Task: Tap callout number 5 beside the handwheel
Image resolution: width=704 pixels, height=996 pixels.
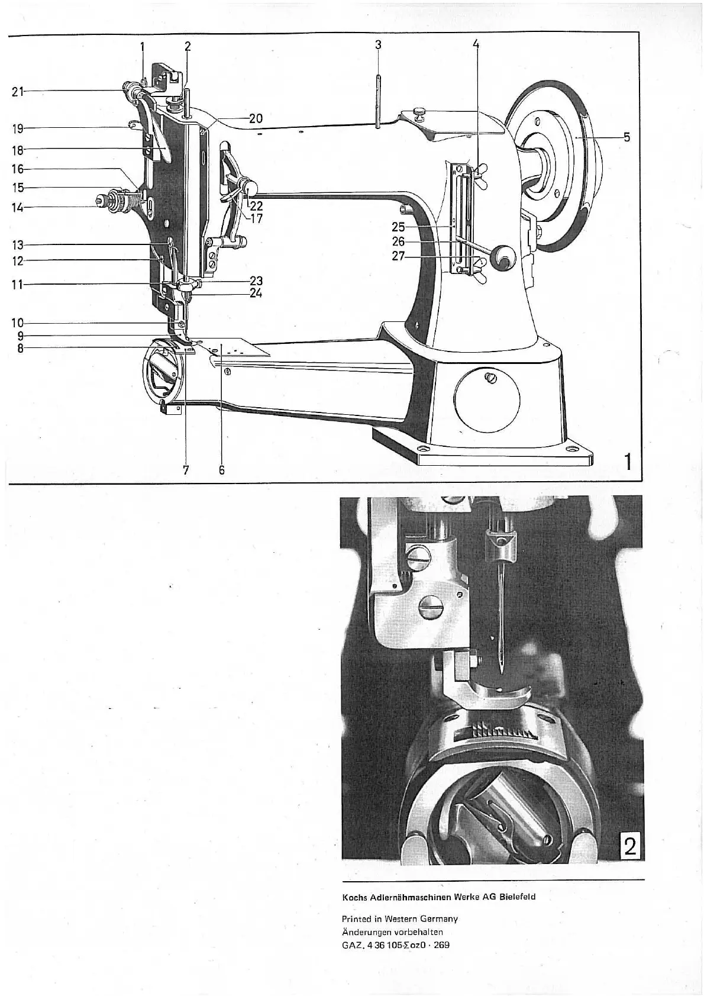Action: point(627,137)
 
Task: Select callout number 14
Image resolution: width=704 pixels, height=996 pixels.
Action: point(17,207)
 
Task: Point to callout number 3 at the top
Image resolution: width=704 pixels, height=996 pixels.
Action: point(377,44)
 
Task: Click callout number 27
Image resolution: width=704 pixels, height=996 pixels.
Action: point(399,257)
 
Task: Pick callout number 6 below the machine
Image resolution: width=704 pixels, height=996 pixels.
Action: point(222,470)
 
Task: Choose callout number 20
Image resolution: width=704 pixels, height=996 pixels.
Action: point(256,118)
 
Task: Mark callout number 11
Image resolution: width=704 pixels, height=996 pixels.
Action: point(17,285)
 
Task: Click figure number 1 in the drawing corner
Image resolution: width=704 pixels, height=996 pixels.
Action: point(628,460)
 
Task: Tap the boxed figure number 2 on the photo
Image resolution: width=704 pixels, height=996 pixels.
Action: point(630,847)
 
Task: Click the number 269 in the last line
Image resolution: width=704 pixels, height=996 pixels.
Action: point(441,945)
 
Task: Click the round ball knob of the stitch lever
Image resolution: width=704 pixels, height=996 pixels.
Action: point(505,257)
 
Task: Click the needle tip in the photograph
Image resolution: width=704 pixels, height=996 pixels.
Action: point(500,672)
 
